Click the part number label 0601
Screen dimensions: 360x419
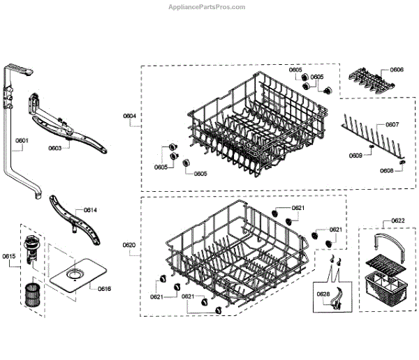[x=22, y=140]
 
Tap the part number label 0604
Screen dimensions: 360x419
[x=130, y=115]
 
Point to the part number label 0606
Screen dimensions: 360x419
[x=396, y=70]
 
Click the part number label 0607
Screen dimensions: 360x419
[x=392, y=125]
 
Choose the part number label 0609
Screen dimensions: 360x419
[x=356, y=155]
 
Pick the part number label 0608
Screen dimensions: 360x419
[x=387, y=170]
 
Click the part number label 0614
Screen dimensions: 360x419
[x=91, y=210]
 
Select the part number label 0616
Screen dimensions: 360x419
[x=105, y=288]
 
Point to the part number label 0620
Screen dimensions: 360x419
[x=130, y=245]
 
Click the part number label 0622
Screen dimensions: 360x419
[x=398, y=220]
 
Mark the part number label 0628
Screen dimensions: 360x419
[x=323, y=293]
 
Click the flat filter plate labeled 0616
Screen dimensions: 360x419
[x=75, y=276]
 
